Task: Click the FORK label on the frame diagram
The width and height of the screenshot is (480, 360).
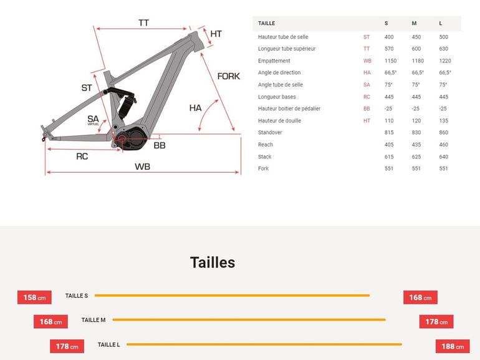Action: [x=228, y=76]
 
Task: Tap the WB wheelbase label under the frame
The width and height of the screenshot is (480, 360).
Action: [x=142, y=167]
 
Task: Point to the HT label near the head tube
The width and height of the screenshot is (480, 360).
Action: [x=216, y=34]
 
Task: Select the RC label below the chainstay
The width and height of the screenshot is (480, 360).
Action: [x=82, y=157]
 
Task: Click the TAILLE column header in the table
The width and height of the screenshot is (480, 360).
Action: [x=266, y=23]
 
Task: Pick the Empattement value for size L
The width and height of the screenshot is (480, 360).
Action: [x=445, y=61]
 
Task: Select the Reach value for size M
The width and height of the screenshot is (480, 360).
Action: [x=416, y=145]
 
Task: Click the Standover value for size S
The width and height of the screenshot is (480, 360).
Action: [x=389, y=132]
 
